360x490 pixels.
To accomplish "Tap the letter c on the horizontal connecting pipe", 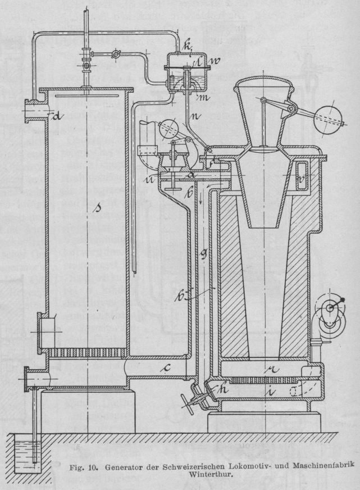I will click(164, 369).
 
